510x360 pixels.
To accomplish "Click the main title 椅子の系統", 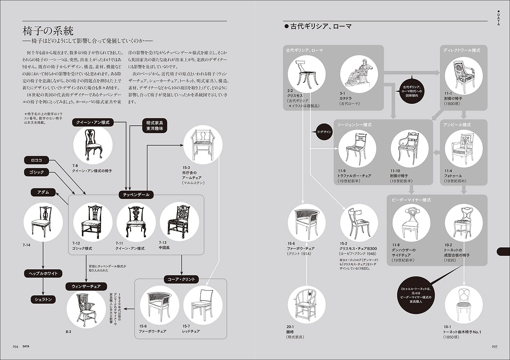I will click(48, 31).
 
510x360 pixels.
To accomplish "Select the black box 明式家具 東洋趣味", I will click(154, 126).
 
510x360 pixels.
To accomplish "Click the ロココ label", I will click(36, 160).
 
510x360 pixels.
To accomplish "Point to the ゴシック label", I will click(36, 172).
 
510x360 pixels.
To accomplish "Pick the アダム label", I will click(43, 192).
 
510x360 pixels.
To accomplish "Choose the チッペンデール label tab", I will click(136, 195).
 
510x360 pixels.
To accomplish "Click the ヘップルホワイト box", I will click(43, 273).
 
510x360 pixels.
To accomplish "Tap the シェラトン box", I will click(43, 299).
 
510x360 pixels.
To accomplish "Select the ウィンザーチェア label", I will click(86, 286).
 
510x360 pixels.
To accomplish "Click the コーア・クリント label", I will click(181, 279).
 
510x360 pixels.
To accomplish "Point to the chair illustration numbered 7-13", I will click(179, 221).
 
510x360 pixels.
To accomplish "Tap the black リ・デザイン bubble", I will click(324, 132).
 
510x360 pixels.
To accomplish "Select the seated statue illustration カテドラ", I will click(359, 74).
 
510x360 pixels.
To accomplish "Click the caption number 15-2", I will click(343, 244).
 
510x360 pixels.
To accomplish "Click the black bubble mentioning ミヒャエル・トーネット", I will click(416, 295).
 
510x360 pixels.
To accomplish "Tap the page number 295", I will click(494, 346).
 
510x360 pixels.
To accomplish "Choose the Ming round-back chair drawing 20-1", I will click(307, 304).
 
